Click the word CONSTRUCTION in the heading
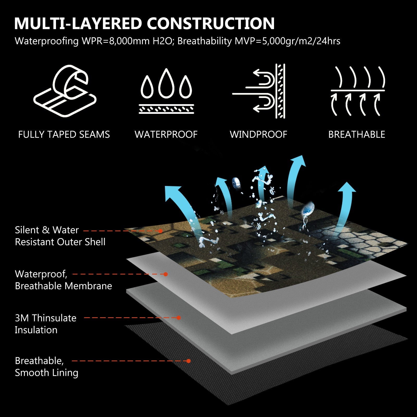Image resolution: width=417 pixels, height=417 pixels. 211,23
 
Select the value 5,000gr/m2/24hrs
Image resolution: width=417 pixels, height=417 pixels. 301,41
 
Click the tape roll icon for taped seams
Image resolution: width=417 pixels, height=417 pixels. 65,91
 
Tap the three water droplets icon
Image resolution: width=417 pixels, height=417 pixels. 166,91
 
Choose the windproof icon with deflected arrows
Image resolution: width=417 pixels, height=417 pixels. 259,91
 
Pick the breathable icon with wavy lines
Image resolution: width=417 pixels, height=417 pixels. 358,91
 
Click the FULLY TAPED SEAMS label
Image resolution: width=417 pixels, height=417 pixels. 64,134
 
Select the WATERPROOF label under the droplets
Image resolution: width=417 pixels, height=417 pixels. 166,134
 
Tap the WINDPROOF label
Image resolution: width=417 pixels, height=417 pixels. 258,134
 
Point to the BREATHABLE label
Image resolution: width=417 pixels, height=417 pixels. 357,134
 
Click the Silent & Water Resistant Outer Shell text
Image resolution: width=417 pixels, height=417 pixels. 60,236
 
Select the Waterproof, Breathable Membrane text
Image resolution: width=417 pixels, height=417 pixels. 63,280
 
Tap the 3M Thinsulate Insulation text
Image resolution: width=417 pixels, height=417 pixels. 46,324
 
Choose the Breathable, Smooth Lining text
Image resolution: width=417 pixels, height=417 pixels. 47,367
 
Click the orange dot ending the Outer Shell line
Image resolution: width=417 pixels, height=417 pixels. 160,231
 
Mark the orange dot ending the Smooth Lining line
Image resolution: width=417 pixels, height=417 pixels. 189,361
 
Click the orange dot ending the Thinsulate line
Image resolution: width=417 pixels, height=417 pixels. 178,318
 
